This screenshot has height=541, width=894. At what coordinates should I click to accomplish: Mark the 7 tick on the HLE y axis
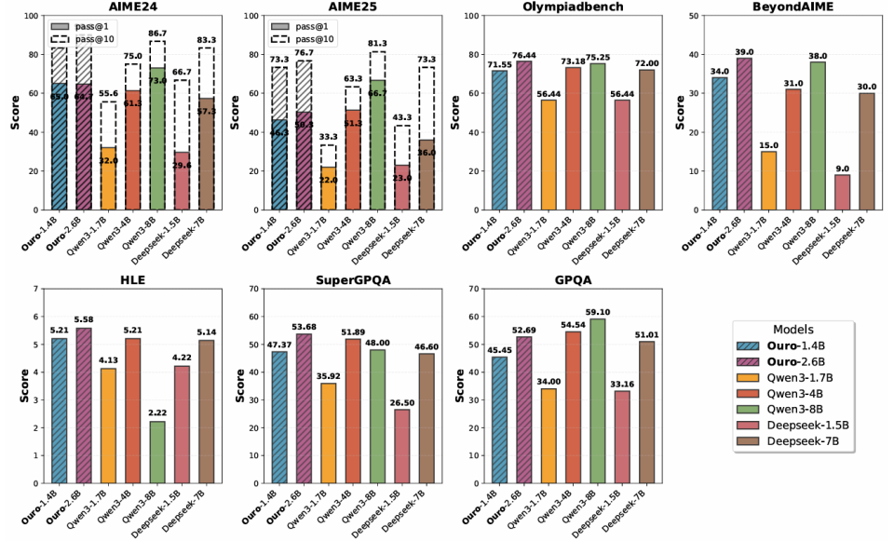click(x=35, y=290)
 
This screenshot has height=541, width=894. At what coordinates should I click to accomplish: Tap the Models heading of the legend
click(x=792, y=329)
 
